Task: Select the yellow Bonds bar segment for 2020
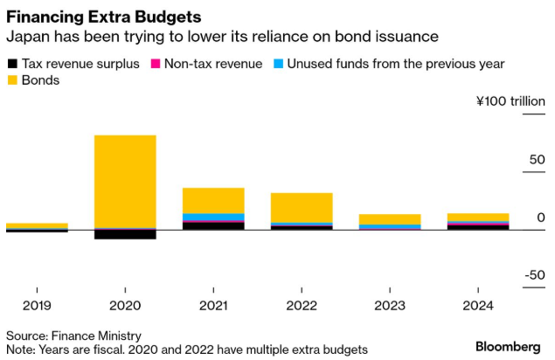tap(125, 181)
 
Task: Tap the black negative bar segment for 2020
tap(125, 234)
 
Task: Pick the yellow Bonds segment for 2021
tap(213, 200)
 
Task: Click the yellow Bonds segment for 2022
tap(302, 207)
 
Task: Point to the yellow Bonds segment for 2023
tap(390, 218)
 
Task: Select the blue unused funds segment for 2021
tap(213, 217)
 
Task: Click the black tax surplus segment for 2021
tap(213, 225)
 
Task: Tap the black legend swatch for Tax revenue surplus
tap(12, 64)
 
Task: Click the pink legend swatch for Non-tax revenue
tap(157, 64)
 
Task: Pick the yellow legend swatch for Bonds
tap(12, 80)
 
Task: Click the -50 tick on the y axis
tap(535, 276)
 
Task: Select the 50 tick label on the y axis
tap(538, 160)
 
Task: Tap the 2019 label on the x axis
tap(37, 306)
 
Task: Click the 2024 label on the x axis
tap(478, 306)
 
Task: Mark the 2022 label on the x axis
tap(302, 306)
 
